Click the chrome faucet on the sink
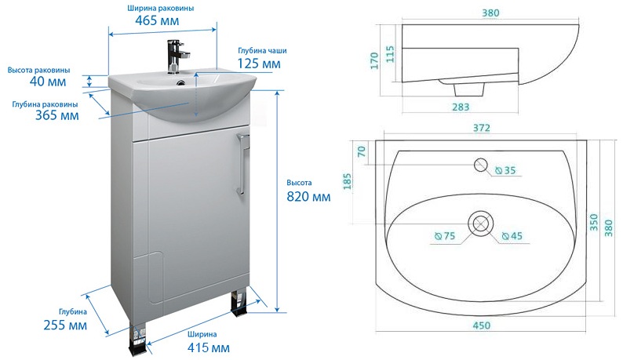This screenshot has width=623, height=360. tap(175, 56)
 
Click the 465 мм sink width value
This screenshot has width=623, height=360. tap(157, 20)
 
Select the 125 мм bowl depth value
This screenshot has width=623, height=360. tap(259, 64)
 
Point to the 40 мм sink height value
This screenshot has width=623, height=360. tap(48, 82)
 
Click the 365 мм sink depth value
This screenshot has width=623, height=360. tap(57, 115)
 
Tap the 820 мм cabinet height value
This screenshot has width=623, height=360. tap(308, 196)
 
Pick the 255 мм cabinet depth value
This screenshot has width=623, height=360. tap(65, 325)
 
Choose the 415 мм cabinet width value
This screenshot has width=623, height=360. tap(209, 347)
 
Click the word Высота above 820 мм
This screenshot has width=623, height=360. tap(299, 183)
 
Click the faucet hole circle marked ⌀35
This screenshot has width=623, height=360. tap(481, 165)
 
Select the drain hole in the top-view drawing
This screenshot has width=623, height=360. tap(481, 223)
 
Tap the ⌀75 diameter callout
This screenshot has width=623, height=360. tap(445, 236)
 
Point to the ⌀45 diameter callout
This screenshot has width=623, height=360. tap(512, 236)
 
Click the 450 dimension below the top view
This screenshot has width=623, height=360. tap(481, 325)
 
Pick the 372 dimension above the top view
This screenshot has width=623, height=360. tap(482, 128)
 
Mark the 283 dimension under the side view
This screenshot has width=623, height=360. tap(461, 107)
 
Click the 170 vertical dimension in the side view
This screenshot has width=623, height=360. tap(374, 60)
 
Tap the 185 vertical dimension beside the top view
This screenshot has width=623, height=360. tap(348, 182)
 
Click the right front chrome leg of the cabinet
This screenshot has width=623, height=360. tap(239, 304)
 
